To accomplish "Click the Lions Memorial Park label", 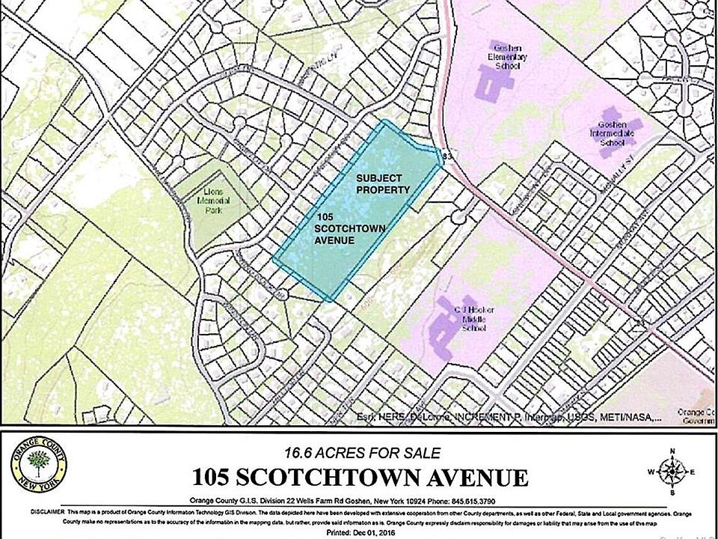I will [221, 201].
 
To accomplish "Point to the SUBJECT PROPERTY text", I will [383, 184].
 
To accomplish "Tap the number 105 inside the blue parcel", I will [325, 216].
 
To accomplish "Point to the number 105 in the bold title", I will [214, 477].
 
